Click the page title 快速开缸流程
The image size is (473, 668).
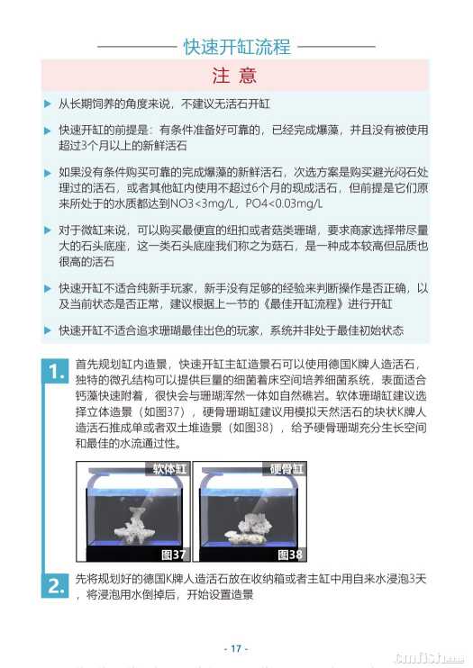coord(237,47)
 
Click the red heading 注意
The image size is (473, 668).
coord(234,75)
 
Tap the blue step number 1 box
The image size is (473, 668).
coord(55,372)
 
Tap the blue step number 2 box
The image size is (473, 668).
coord(55,586)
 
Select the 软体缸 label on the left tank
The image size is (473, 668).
coord(169,469)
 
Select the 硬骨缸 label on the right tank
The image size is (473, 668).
coord(287,469)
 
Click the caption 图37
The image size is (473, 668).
coord(173,555)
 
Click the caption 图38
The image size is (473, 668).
coord(290,555)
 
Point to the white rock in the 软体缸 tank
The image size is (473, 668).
coord(133,526)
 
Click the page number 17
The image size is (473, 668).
coord(236,648)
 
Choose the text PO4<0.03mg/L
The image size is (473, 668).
coord(284,203)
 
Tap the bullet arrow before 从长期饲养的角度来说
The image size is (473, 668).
coord(48,104)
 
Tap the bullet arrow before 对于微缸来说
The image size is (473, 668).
coord(48,230)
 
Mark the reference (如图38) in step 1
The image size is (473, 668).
coord(252,428)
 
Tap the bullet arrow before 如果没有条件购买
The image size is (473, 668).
coord(48,173)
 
